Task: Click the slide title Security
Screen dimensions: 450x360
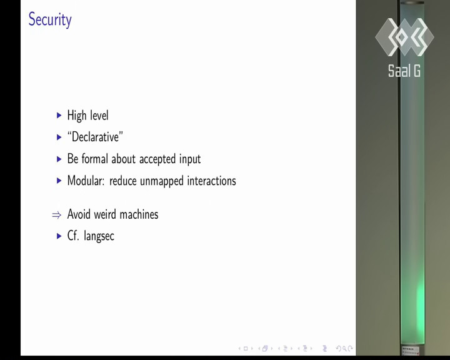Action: (x=50, y=19)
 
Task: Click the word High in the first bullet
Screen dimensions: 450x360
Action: (x=77, y=116)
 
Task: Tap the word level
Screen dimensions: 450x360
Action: (x=99, y=115)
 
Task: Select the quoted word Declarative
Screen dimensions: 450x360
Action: (x=95, y=137)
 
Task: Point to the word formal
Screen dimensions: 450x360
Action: (x=95, y=159)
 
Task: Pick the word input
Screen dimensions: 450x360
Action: (x=190, y=159)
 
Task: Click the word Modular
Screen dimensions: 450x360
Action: (x=86, y=181)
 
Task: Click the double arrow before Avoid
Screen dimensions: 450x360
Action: (x=56, y=215)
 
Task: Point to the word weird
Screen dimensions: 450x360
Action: (x=105, y=214)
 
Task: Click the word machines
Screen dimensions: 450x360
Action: (x=139, y=214)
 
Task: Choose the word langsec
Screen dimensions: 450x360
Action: (x=99, y=236)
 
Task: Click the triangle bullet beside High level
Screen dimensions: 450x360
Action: (x=59, y=116)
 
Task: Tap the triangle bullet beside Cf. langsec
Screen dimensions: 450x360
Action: (x=59, y=236)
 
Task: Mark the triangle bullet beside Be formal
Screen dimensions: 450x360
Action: (x=59, y=159)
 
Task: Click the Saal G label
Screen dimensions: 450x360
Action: (x=404, y=71)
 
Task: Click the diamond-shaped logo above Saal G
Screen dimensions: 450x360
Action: (x=404, y=37)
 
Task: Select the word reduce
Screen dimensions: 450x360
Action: (x=123, y=181)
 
